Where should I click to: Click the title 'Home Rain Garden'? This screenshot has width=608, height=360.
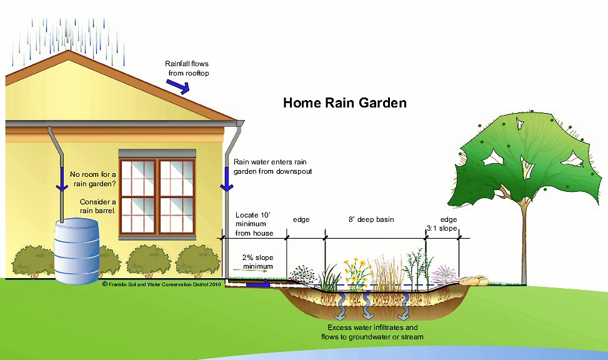(x=345, y=102)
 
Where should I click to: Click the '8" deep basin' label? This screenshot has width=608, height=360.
(x=371, y=220)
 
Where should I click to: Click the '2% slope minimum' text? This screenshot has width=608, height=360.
(x=257, y=262)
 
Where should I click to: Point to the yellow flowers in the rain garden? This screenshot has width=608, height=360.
(x=357, y=269)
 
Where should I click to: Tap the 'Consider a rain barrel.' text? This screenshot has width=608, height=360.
(x=98, y=206)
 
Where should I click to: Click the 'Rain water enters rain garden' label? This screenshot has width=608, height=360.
(x=272, y=166)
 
